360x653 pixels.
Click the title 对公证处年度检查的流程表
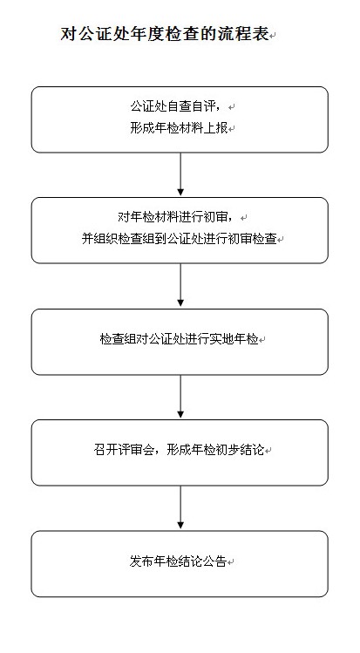pyautogui.click(x=165, y=34)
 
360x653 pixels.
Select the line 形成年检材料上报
pyautogui.click(x=179, y=128)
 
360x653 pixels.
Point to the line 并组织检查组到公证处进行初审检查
pyautogui.click(x=180, y=239)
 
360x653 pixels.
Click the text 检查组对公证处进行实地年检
pyautogui.click(x=179, y=339)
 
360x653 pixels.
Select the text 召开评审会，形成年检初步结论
pyautogui.click(x=179, y=450)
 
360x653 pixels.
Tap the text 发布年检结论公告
pyautogui.click(x=178, y=561)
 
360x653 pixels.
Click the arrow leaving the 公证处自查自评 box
pyautogui.click(x=180, y=174)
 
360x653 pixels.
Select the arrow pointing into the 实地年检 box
pyautogui.click(x=180, y=285)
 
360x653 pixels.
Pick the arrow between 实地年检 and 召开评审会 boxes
pyautogui.click(x=180, y=397)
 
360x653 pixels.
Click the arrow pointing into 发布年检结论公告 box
pyautogui.click(x=180, y=507)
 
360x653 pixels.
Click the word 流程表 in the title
pyautogui.click(x=248, y=34)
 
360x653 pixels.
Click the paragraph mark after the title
pyautogui.click(x=273, y=37)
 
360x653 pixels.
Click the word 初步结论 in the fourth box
pyautogui.click(x=240, y=450)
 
